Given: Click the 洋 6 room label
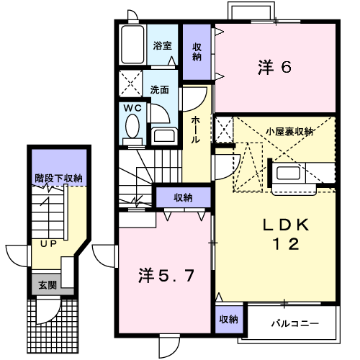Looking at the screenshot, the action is click(274, 67).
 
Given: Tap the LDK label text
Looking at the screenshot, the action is click(286, 225).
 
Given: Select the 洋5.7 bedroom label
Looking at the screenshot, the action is click(166, 276).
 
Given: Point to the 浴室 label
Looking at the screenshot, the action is click(163, 45).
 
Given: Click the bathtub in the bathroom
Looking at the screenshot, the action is click(132, 45).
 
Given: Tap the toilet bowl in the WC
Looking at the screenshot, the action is click(132, 126).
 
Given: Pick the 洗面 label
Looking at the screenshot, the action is click(160, 90).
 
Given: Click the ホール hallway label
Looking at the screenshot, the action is click(196, 130).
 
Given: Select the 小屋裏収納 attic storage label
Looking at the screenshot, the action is click(289, 132).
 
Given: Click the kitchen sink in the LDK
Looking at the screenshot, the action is click(288, 173).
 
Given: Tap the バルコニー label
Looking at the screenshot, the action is click(295, 323).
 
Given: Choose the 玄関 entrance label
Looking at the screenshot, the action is click(48, 285).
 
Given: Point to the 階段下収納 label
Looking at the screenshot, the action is click(58, 179).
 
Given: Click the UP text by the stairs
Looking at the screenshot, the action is click(49, 244).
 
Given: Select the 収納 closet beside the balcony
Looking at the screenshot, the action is click(229, 320).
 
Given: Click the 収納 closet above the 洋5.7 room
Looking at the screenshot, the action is click(184, 197).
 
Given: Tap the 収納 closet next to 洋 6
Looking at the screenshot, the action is click(197, 52).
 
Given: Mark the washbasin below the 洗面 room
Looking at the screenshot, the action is click(164, 135).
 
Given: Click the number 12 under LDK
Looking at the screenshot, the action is click(286, 244).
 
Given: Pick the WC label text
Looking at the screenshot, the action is click(132, 108).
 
